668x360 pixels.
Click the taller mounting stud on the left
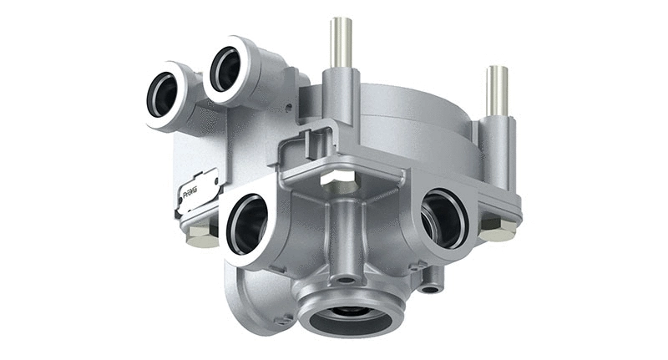click(x=340, y=42)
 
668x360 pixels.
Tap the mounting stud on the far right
click(x=497, y=90)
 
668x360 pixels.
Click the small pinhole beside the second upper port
click(x=285, y=108)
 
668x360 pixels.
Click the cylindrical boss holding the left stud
click(x=341, y=92)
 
